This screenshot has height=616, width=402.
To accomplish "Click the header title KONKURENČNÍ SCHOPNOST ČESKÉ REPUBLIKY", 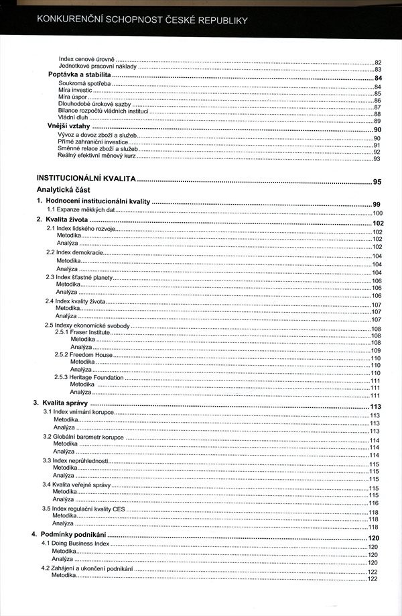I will click(142, 21).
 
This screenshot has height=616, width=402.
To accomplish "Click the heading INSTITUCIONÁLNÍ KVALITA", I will click(86, 181).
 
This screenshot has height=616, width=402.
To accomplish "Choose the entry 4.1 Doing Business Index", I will click(76, 542).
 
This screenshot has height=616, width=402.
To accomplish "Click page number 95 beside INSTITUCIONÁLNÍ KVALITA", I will click(377, 182).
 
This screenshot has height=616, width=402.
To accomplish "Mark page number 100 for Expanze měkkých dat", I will click(377, 213).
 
